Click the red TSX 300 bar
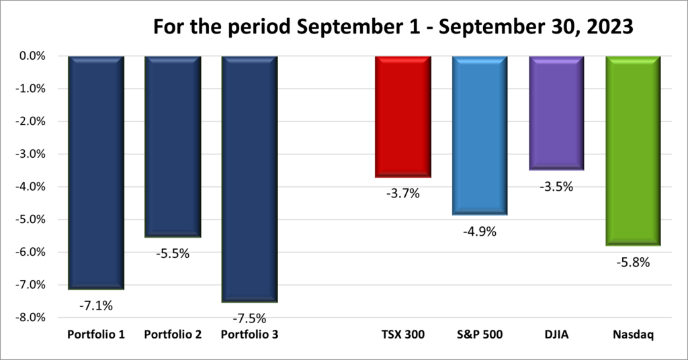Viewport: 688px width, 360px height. pyautogui.click(x=402, y=116)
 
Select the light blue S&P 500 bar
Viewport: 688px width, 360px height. pyautogui.click(x=480, y=135)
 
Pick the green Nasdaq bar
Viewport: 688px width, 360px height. pyautogui.click(x=633, y=150)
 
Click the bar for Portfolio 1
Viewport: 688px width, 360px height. pyautogui.click(x=96, y=172)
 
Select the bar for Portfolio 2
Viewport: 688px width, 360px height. pyautogui.click(x=173, y=146)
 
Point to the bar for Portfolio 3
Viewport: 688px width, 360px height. pyautogui.click(x=249, y=179)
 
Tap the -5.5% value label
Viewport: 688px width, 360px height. pyautogui.click(x=173, y=255)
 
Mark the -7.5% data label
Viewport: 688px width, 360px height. pyautogui.click(x=250, y=318)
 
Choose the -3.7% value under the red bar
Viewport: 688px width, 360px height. pyautogui.click(x=403, y=194)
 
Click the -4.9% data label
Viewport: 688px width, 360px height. pyautogui.click(x=480, y=232)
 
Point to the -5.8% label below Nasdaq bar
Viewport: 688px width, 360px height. pyautogui.click(x=634, y=263)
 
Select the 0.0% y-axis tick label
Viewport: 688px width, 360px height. pyautogui.click(x=31, y=56)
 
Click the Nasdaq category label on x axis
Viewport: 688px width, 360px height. pyautogui.click(x=633, y=334)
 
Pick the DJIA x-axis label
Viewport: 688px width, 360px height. pyautogui.click(x=556, y=334)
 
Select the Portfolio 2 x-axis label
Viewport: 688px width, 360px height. pyautogui.click(x=173, y=334)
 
